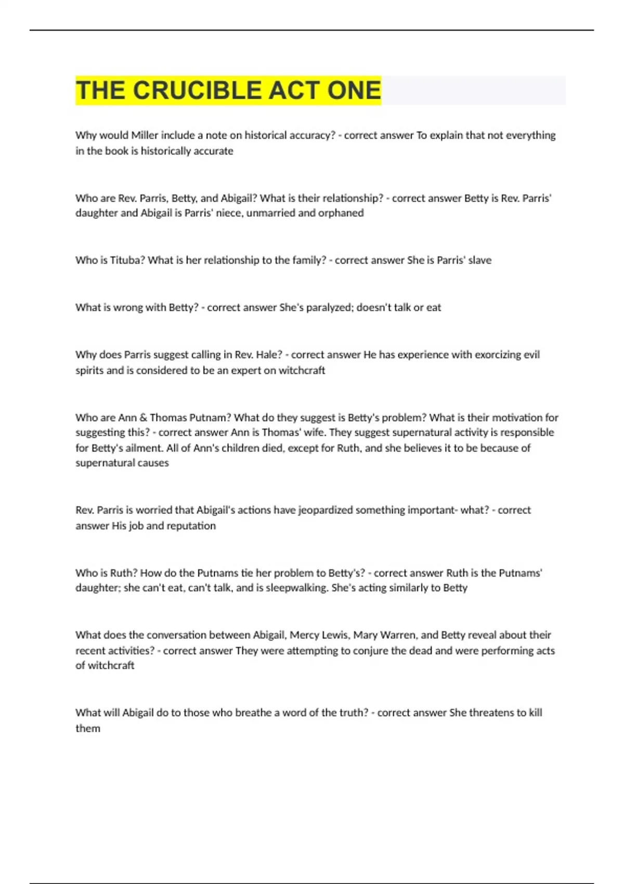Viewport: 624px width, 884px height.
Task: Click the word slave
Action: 479,260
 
